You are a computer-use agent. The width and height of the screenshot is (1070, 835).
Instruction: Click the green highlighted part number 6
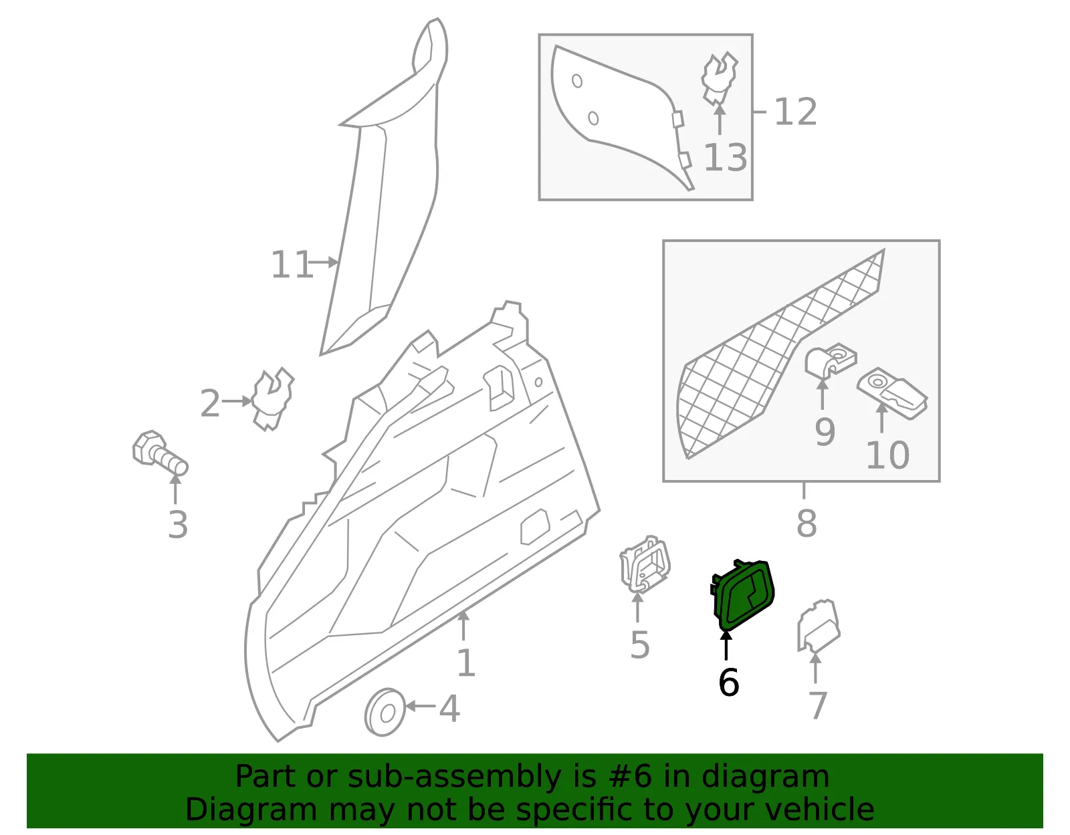pyautogui.click(x=742, y=596)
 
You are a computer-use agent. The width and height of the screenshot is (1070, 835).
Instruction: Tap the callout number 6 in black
pyautogui.click(x=729, y=683)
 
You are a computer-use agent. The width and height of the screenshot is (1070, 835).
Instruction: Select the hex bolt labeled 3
pyautogui.click(x=160, y=453)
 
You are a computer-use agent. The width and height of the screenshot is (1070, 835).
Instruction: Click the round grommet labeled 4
pyautogui.click(x=385, y=712)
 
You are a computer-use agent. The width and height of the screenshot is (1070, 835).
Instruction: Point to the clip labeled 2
pyautogui.click(x=272, y=398)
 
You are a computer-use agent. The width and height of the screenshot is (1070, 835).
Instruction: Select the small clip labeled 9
pyautogui.click(x=830, y=362)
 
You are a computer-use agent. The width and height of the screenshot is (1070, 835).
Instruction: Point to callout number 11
pyautogui.click(x=292, y=265)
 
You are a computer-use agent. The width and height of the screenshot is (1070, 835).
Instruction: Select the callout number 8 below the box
pyautogui.click(x=807, y=523)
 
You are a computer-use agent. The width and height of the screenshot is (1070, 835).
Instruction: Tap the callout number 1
pyautogui.click(x=466, y=663)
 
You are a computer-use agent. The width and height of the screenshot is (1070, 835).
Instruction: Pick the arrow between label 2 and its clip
pyautogui.click(x=237, y=402)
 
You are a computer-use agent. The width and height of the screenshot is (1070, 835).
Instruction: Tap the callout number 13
pyautogui.click(x=726, y=158)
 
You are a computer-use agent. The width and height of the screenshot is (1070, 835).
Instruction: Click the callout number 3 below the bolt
pyautogui.click(x=178, y=525)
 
